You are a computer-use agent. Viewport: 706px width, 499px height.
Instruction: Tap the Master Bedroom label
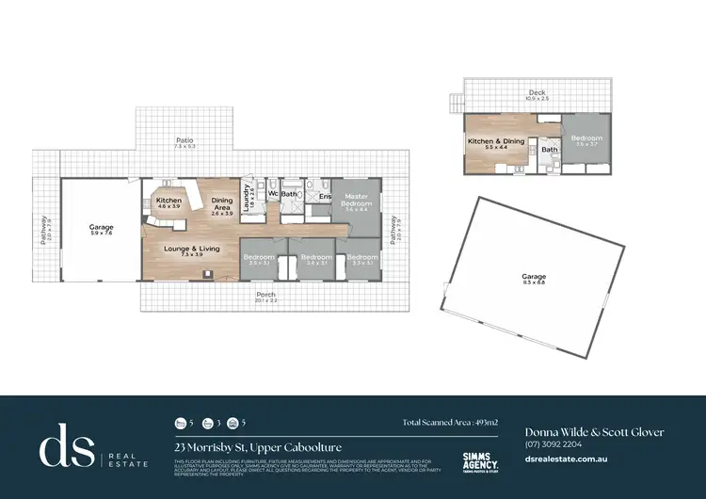(356, 201)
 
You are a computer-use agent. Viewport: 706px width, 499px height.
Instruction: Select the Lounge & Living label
(191, 249)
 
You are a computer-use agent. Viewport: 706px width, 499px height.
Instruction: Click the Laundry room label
(248, 197)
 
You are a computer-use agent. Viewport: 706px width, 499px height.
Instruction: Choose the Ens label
(323, 196)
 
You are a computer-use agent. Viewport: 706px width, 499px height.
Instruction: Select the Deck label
(537, 92)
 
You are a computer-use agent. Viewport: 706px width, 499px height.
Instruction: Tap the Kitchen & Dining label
(494, 141)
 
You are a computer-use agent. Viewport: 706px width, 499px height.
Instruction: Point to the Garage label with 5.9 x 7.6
(101, 227)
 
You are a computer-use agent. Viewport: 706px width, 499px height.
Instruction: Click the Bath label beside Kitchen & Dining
(550, 149)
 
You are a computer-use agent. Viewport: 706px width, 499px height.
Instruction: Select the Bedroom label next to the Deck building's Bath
(586, 138)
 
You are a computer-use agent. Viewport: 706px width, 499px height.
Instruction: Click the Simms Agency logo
(481, 459)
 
